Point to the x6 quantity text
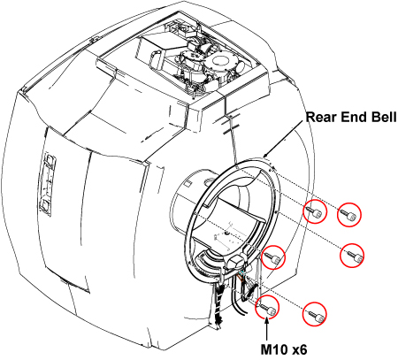(300, 349)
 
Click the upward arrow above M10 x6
(267, 330)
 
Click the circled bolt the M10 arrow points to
(267, 307)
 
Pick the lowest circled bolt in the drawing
(315, 314)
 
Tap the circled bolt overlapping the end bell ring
(273, 257)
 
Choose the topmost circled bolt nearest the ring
(315, 211)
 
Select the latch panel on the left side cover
(48, 184)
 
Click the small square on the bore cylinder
(188, 184)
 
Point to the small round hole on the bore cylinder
(210, 180)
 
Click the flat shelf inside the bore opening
(241, 209)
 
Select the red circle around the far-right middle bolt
(352, 256)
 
